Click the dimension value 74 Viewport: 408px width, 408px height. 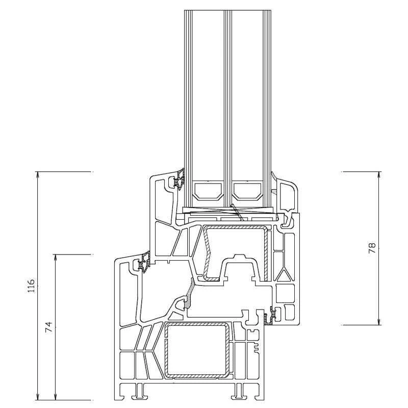(49, 327)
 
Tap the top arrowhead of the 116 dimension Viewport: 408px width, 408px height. (37, 175)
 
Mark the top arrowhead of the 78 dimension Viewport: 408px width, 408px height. (378, 175)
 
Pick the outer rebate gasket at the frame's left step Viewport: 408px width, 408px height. (141, 264)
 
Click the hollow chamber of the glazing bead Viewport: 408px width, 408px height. (286, 194)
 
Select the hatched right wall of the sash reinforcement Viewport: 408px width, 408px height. (266, 255)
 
